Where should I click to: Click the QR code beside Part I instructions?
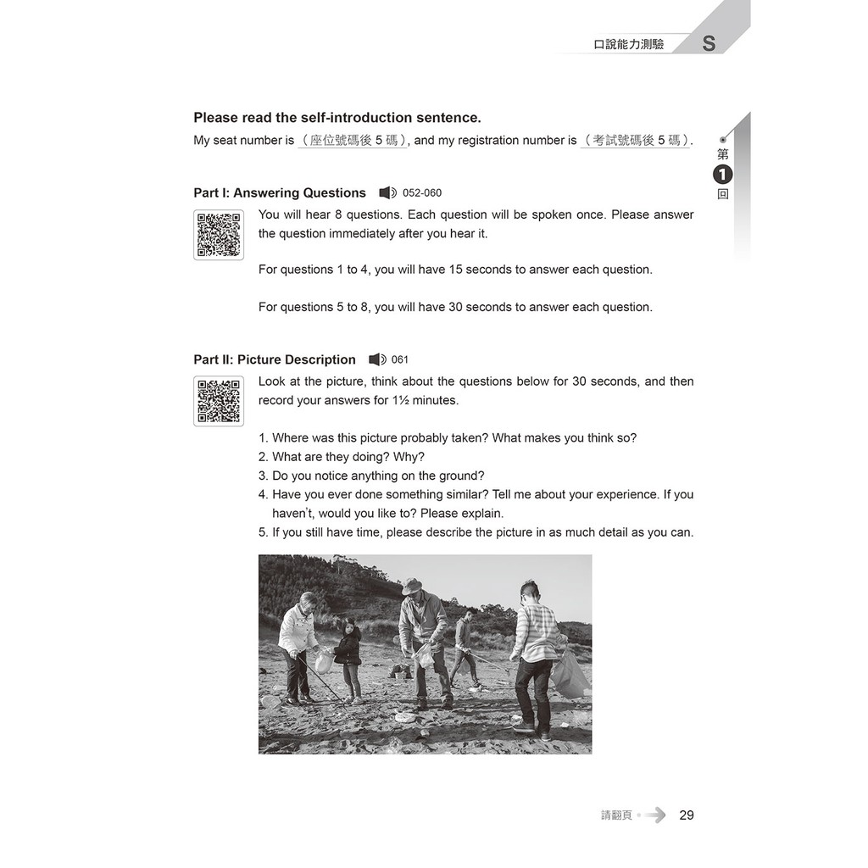click(219, 235)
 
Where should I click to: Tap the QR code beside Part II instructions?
click(219, 401)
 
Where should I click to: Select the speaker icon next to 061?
click(377, 359)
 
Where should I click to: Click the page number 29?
click(687, 815)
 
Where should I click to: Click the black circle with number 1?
click(722, 175)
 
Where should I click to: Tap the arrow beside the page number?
click(655, 815)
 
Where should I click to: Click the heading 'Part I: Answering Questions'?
click(280, 193)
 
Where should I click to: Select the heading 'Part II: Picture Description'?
click(275, 359)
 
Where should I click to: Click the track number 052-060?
click(422, 193)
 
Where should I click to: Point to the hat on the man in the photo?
click(413, 586)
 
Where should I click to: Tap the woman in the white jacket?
click(298, 644)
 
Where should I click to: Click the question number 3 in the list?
click(263, 476)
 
